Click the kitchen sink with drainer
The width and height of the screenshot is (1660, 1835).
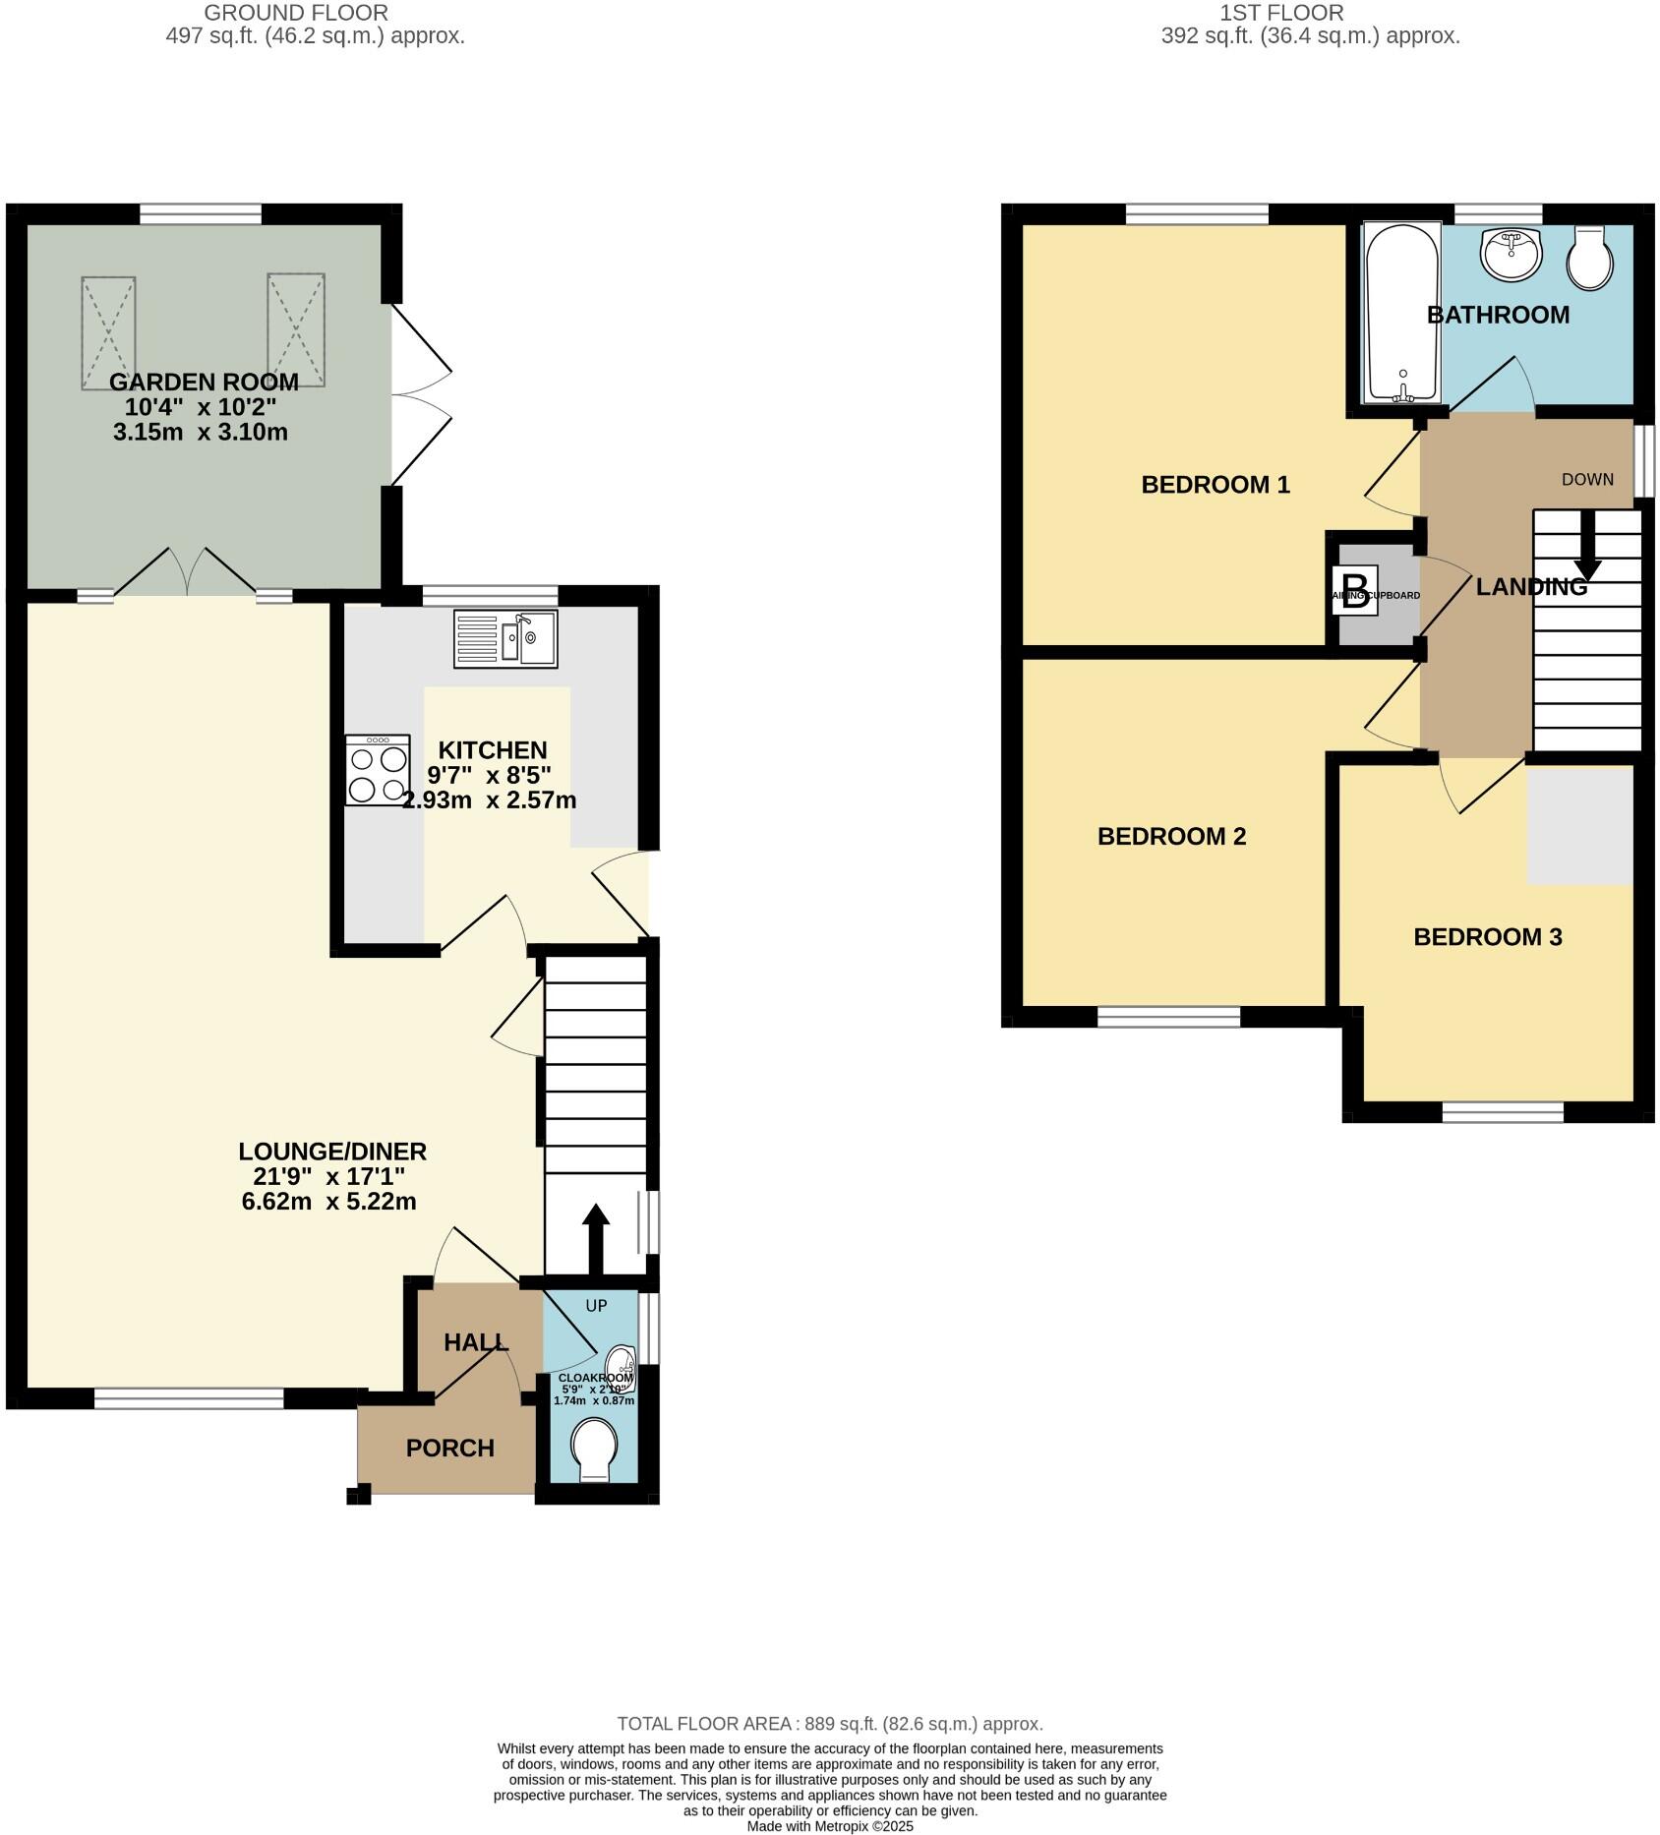(x=505, y=639)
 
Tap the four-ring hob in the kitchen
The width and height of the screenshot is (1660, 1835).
(x=378, y=771)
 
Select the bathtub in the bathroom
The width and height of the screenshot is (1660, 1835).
(x=1402, y=313)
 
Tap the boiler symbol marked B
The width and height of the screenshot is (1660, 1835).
(x=1354, y=592)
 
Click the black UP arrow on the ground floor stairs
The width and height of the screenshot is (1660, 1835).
(x=596, y=1237)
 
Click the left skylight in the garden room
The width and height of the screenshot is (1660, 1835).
(x=108, y=332)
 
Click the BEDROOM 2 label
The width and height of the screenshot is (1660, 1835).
(x=1171, y=836)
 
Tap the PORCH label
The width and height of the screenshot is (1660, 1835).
(x=450, y=1449)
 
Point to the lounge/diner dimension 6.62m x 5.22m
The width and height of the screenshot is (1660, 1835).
(x=328, y=1201)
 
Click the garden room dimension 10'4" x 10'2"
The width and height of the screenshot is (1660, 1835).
(x=201, y=407)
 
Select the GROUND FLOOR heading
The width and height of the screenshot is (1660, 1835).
(x=296, y=13)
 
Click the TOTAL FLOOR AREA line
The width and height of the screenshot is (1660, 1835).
(x=829, y=1724)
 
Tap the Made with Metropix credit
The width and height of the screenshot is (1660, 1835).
(x=829, y=1826)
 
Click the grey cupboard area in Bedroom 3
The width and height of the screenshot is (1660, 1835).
(x=1579, y=824)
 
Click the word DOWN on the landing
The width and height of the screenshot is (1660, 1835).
(x=1587, y=479)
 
